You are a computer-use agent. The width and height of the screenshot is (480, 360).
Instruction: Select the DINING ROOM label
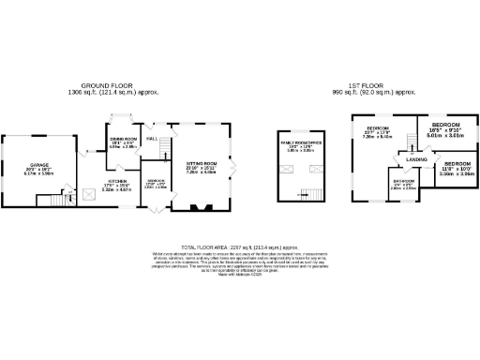pos(125,139)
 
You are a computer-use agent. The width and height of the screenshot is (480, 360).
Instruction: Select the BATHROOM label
pos(404,181)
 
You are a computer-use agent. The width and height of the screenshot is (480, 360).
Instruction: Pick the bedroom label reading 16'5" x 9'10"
pos(446,125)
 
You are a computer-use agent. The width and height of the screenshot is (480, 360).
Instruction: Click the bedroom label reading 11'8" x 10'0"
pos(456,164)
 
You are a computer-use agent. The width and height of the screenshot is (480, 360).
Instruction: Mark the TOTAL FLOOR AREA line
pos(239,247)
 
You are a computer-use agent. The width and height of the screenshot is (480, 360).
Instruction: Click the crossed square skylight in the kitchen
pos(90,193)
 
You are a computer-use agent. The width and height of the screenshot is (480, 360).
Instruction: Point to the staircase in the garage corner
pos(46,201)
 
